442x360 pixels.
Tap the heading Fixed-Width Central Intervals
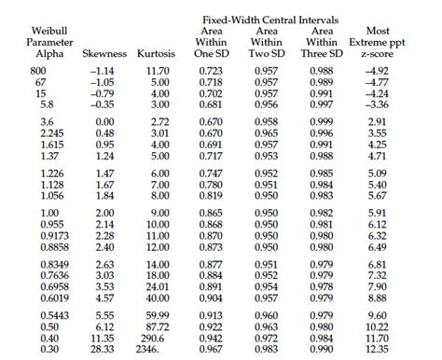tap(270, 20)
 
